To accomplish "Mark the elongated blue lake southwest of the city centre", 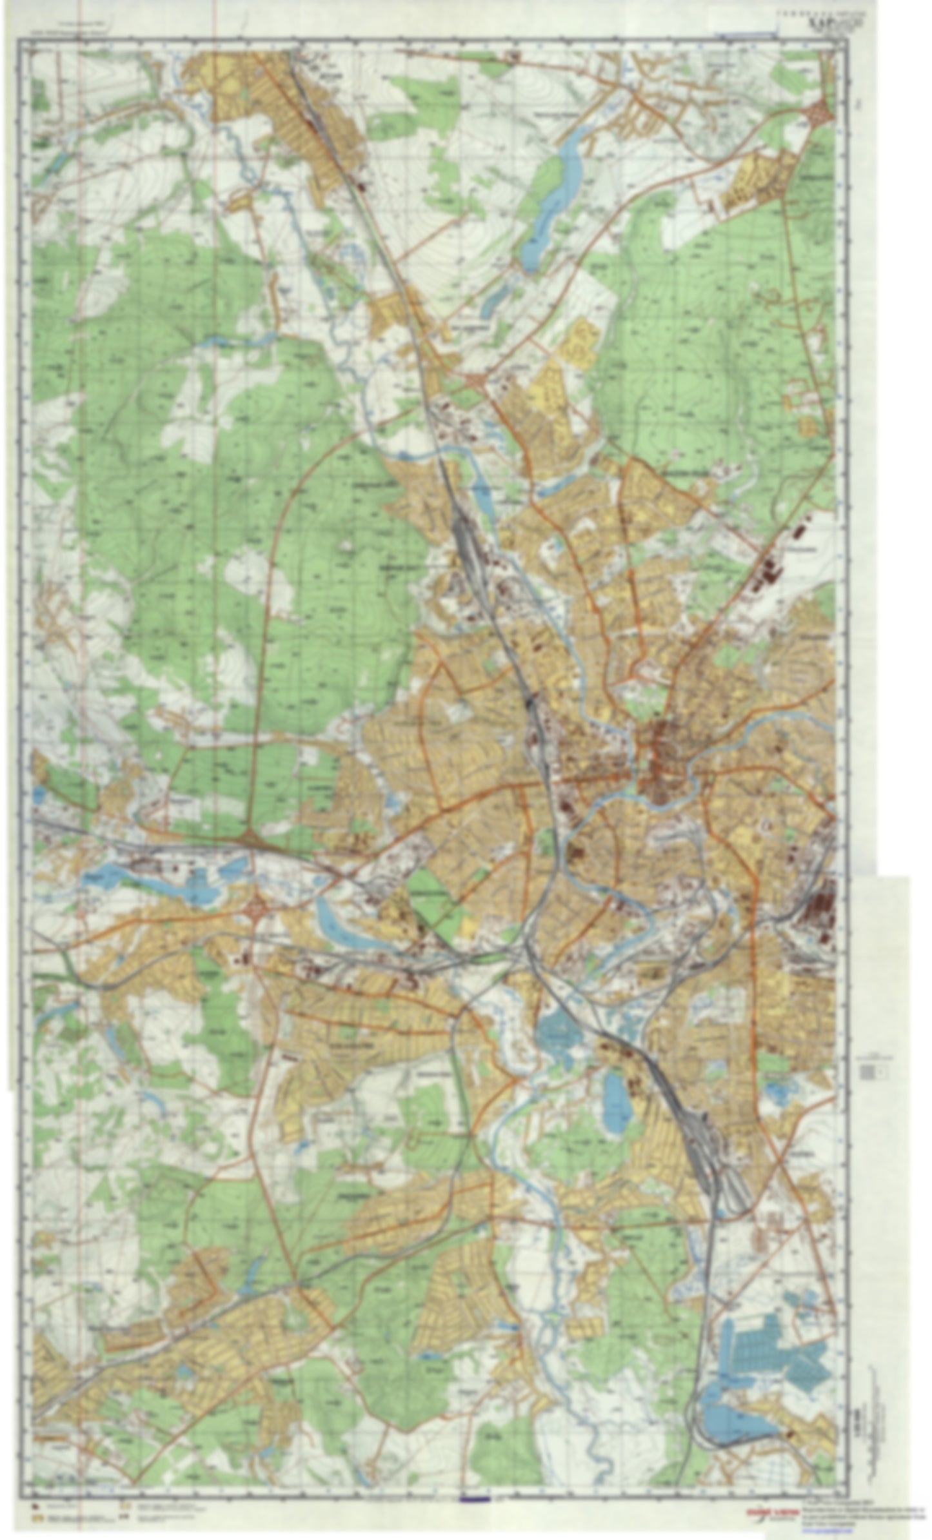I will (348, 929).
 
